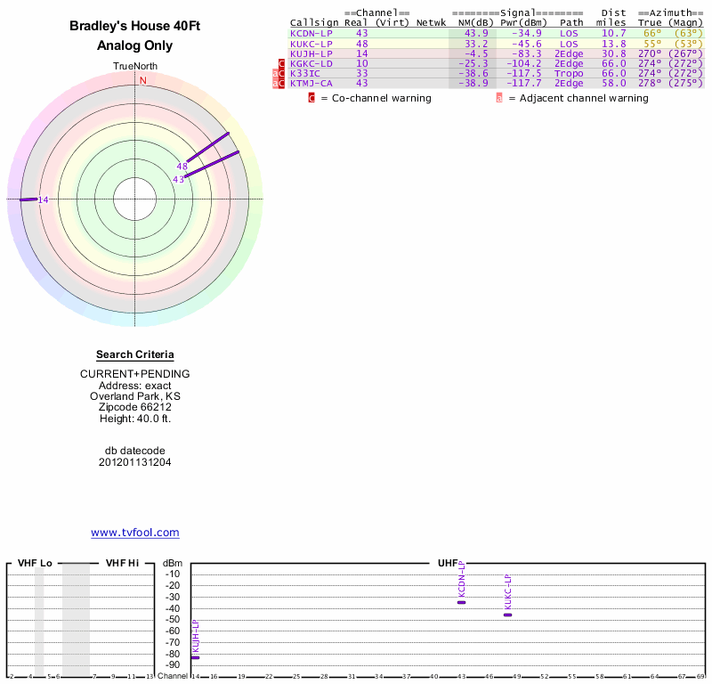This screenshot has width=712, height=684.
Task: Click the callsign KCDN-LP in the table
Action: (311, 33)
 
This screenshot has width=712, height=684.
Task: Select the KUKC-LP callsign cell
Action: (311, 43)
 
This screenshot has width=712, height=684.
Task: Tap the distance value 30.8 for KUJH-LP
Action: (613, 53)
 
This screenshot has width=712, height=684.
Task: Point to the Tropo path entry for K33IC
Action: (569, 73)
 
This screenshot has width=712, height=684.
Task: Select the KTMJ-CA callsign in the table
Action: (311, 83)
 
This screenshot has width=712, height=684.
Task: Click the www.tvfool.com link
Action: (135, 533)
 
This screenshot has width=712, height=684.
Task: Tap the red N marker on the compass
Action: (142, 80)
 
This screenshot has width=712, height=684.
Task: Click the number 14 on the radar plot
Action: (43, 199)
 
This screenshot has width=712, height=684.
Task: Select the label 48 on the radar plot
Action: (182, 167)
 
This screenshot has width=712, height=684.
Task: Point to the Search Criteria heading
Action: (135, 354)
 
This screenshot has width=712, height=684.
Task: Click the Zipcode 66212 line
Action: (135, 407)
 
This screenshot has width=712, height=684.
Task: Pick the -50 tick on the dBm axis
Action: (172, 619)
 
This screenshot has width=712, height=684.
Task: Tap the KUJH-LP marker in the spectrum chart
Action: (195, 657)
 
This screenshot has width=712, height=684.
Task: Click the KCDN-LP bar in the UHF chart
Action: (461, 602)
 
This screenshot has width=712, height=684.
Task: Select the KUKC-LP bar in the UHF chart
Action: (507, 615)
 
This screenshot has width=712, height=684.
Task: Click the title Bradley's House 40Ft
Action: (135, 27)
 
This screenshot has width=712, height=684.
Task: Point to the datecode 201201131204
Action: (135, 462)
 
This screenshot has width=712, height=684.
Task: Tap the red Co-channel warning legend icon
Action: (311, 98)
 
